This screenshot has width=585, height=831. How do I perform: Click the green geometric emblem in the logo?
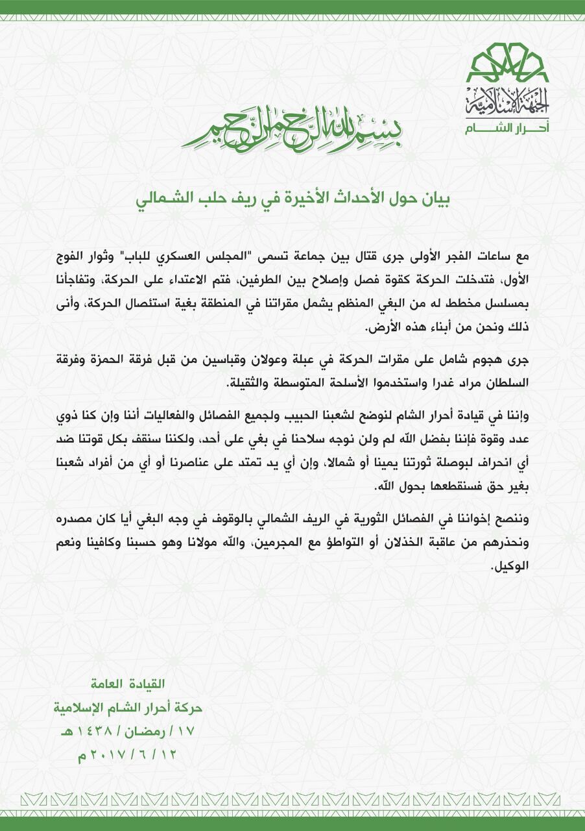click(507, 62)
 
